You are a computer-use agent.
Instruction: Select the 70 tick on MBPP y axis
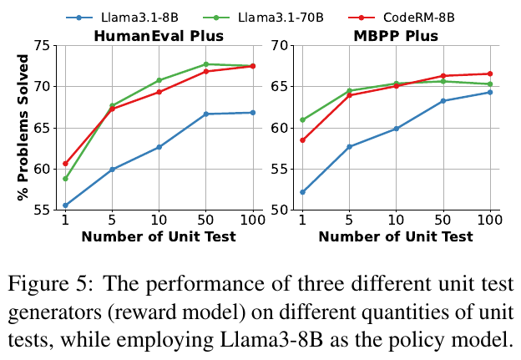(281, 46)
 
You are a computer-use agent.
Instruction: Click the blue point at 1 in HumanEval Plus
(65, 205)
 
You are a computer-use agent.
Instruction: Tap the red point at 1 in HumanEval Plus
(65, 164)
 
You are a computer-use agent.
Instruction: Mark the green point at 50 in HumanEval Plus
(206, 64)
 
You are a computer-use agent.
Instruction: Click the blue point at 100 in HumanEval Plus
(253, 112)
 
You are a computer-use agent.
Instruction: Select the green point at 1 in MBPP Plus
(302, 119)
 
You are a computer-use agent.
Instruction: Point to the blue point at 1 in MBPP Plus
(302, 192)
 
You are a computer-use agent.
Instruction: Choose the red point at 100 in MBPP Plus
(490, 74)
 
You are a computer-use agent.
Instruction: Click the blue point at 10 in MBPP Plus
(396, 129)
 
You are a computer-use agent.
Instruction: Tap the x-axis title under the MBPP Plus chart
(396, 236)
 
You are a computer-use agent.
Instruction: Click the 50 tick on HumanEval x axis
(206, 221)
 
